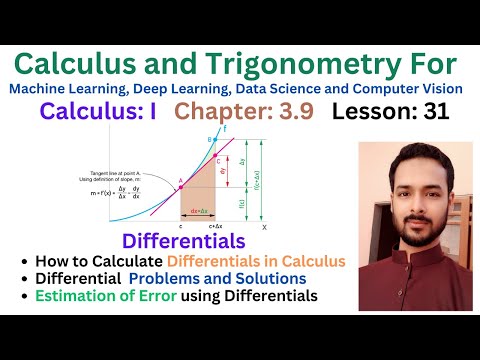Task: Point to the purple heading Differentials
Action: (x=183, y=241)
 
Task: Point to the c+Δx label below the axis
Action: (x=211, y=229)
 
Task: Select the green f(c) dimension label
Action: (x=241, y=203)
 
